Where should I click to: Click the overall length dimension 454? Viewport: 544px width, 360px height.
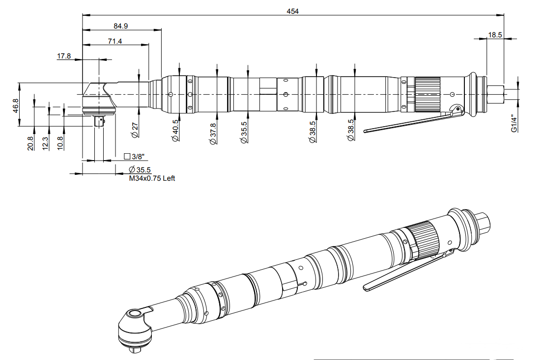click(293, 11)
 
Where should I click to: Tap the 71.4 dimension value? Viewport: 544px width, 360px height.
click(115, 42)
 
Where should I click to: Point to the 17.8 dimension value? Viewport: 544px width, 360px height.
click(64, 56)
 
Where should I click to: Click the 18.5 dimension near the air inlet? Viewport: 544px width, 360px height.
click(495, 34)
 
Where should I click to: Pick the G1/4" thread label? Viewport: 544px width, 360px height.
click(514, 124)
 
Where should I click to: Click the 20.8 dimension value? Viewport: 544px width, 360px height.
click(30, 143)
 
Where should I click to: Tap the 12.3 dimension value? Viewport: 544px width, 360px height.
click(45, 143)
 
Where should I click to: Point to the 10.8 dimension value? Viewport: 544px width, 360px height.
click(60, 143)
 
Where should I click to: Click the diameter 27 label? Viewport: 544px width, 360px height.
click(135, 129)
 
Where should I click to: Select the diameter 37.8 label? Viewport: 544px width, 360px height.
click(212, 133)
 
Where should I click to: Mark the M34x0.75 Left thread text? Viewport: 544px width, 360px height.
click(152, 178)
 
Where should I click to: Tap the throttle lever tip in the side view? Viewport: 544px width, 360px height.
click(367, 131)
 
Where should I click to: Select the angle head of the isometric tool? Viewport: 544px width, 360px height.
click(134, 327)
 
